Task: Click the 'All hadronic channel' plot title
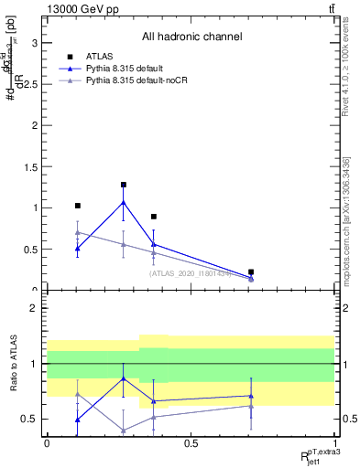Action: point(191,37)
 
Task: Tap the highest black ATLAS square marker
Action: point(123,185)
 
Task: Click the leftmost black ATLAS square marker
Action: point(78,206)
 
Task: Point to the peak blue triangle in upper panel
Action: point(123,202)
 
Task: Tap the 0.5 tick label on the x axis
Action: point(191,443)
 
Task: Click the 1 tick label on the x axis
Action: point(334,443)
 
